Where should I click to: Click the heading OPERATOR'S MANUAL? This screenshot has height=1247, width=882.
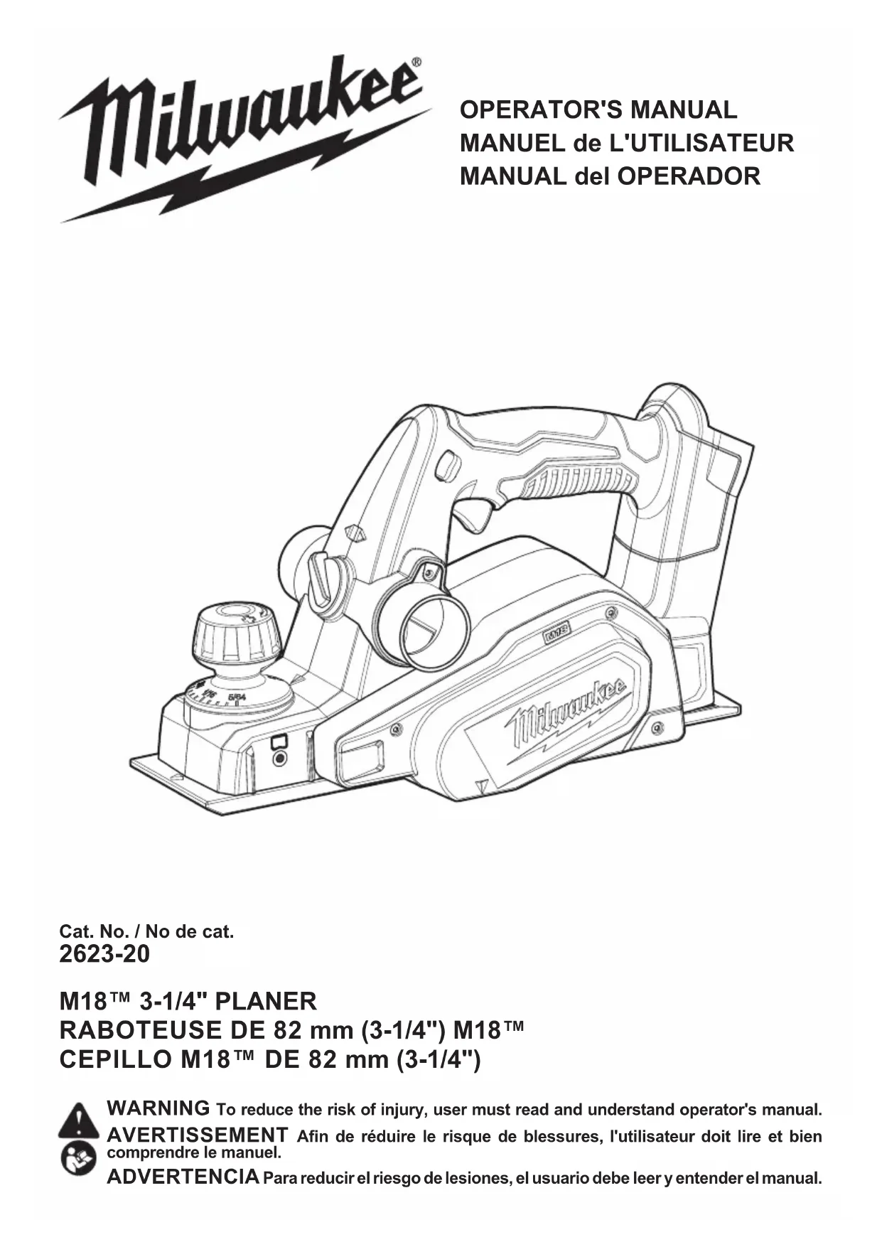click(x=598, y=110)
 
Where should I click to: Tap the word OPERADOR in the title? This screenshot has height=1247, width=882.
click(x=689, y=176)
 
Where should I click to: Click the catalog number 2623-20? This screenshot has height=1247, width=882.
click(x=104, y=954)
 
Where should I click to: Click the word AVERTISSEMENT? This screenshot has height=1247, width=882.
click(x=197, y=1134)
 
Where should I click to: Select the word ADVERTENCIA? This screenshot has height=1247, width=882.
click(x=183, y=1177)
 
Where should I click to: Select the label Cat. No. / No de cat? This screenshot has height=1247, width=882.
click(x=146, y=931)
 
